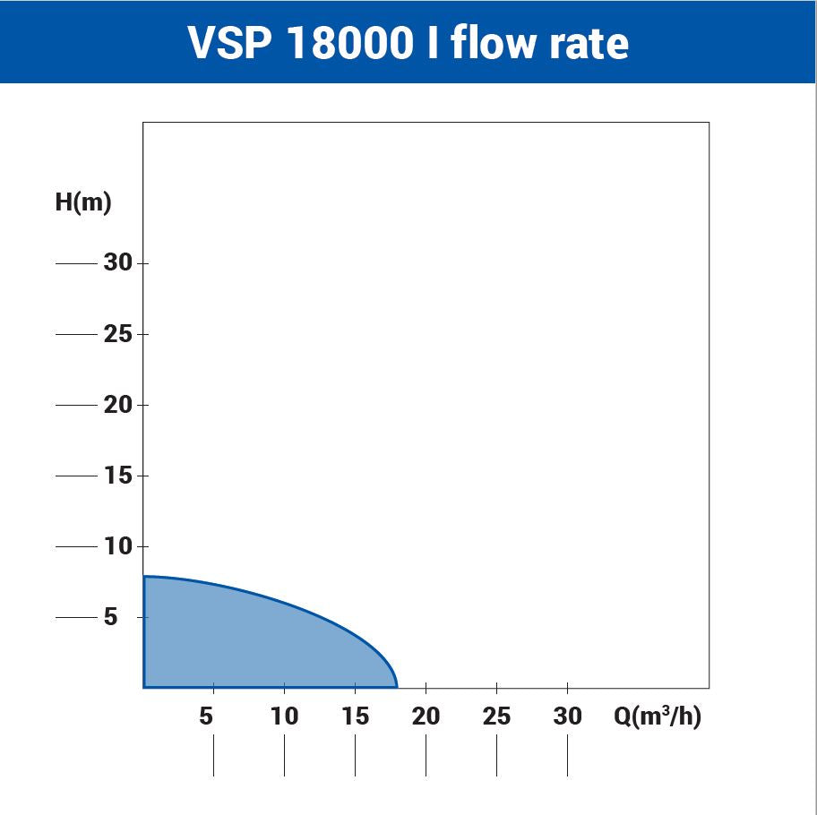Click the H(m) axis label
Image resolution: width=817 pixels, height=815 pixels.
click(x=83, y=202)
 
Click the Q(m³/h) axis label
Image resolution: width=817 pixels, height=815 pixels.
click(x=657, y=716)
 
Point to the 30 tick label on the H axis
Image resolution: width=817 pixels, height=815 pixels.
click(x=117, y=263)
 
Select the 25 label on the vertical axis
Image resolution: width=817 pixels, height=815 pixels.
click(x=117, y=334)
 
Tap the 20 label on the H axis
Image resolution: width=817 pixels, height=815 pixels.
click(x=117, y=405)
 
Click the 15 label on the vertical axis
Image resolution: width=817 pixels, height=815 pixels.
click(x=117, y=476)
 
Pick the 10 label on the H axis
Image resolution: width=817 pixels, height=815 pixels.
click(x=117, y=546)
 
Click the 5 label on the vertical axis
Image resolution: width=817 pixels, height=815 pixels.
click(x=111, y=617)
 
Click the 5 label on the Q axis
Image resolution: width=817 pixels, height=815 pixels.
click(x=207, y=716)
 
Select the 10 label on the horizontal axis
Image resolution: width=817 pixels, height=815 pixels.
click(x=284, y=716)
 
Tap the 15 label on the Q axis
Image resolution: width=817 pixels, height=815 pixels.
click(x=355, y=716)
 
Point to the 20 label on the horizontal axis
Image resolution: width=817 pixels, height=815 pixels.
click(x=426, y=716)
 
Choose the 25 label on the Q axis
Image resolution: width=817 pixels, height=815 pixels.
click(x=496, y=716)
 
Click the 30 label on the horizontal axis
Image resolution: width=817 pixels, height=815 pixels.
click(x=567, y=716)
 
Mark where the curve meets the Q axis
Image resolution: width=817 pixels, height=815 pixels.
click(x=397, y=687)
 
